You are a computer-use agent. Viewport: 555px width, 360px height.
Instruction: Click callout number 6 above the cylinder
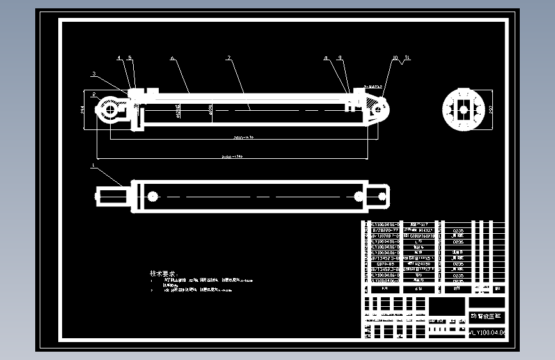(x=172, y=58)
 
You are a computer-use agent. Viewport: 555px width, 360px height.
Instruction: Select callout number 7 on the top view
(x=229, y=58)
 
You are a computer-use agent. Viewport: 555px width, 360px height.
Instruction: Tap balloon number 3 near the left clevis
(x=93, y=74)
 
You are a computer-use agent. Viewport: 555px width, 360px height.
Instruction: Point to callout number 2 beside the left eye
(x=93, y=94)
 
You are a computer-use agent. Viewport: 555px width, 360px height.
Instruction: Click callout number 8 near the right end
(x=326, y=58)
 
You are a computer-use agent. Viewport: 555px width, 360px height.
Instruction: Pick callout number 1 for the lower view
(x=93, y=165)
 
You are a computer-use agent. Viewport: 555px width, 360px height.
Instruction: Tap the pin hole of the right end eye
(x=378, y=109)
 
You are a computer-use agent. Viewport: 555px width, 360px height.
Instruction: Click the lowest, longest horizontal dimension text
(x=232, y=156)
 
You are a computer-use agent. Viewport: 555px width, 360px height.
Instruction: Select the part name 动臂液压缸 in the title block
(x=488, y=316)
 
